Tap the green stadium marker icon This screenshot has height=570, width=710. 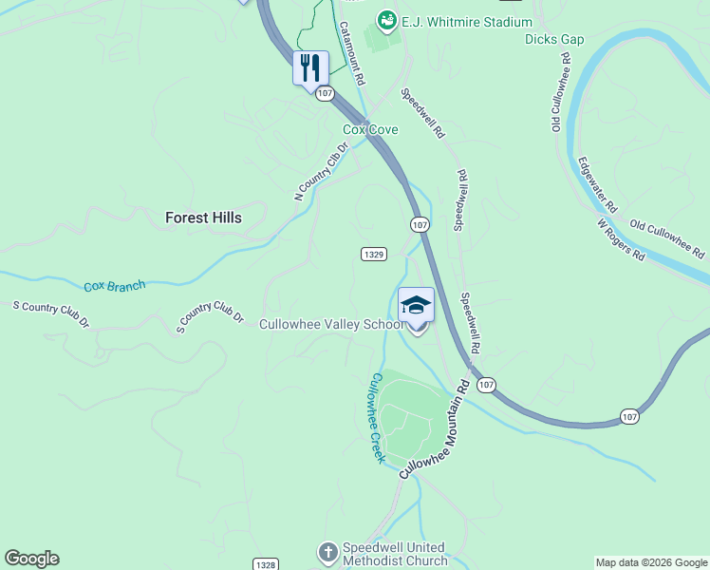(386, 20)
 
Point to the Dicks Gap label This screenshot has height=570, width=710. (554, 40)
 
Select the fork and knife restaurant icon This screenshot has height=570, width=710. (310, 68)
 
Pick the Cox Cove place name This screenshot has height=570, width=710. (370, 129)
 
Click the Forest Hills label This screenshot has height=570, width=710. (203, 218)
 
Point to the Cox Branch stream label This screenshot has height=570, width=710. (115, 285)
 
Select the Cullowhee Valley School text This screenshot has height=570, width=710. (333, 325)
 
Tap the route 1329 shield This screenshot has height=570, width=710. (373, 254)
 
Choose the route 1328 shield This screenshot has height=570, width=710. (266, 563)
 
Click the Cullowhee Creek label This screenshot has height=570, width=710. (377, 418)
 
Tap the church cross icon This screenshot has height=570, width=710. (327, 552)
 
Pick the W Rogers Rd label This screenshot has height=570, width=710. (621, 240)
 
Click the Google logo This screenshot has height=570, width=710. (31, 559)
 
